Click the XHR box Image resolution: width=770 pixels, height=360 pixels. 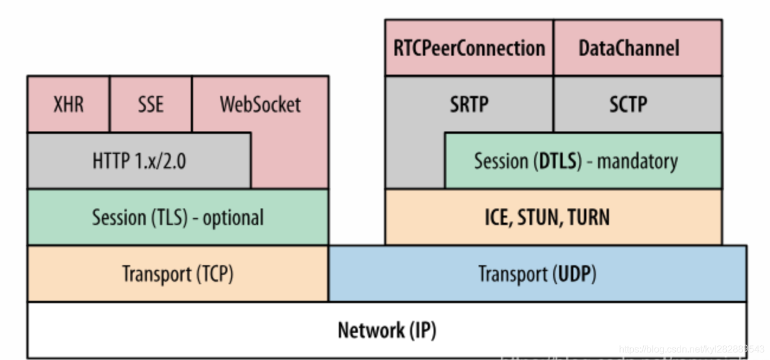coord(68,104)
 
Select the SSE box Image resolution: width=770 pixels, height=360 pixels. coord(150,104)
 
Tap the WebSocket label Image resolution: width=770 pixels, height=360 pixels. coord(260,105)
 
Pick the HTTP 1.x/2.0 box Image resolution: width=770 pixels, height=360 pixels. coord(139,161)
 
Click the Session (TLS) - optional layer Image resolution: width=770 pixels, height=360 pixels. coord(178,218)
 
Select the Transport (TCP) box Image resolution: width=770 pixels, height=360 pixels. coord(178,274)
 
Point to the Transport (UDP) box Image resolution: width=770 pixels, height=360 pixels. coord(537,274)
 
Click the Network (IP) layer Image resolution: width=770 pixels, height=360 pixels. coord(387,330)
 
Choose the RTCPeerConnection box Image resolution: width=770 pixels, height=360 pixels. coord(469,48)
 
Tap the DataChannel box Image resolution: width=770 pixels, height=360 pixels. coord(629,48)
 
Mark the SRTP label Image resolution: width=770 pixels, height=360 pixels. coord(469,105)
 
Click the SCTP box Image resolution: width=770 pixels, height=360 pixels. coord(628,105)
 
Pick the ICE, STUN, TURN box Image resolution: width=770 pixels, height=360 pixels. coord(547,218)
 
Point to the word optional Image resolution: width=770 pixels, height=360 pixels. coord(233,218)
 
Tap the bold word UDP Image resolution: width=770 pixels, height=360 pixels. coord(574,274)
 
